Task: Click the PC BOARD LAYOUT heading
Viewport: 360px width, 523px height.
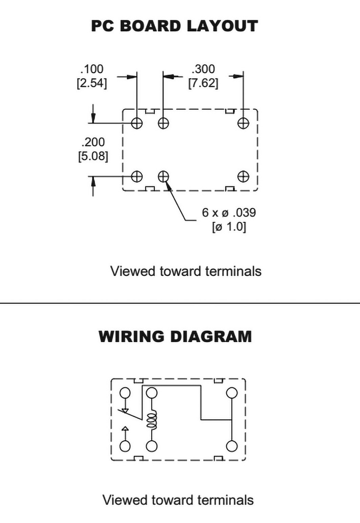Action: pos(175,26)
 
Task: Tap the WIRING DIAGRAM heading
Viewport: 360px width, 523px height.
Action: pos(175,337)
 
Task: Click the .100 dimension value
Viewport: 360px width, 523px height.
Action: pos(91,69)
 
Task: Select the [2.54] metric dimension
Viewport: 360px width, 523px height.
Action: pos(91,83)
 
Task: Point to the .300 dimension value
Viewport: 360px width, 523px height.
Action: pos(203,69)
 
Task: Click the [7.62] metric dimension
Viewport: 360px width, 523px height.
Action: pos(203,83)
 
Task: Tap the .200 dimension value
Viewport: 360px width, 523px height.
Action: pos(93,142)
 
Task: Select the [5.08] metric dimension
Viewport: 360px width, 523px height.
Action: pos(93,156)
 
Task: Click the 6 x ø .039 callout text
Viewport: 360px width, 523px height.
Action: pos(229,212)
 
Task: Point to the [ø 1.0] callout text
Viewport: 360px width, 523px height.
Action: pos(229,227)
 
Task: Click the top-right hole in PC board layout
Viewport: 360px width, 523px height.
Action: pos(243,123)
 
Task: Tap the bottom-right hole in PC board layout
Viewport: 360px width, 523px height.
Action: pos(243,176)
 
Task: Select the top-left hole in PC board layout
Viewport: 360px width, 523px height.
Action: pos(137,123)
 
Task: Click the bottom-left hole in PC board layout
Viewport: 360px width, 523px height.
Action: pos(137,176)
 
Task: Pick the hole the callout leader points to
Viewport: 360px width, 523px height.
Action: pos(163,176)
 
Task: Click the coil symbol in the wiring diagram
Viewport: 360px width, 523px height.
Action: pos(151,420)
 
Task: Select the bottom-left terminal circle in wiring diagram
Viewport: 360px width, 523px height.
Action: pos(125,446)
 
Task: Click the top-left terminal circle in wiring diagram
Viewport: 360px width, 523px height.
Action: pos(125,393)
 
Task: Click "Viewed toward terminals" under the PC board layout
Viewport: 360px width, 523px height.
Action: pos(186,271)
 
